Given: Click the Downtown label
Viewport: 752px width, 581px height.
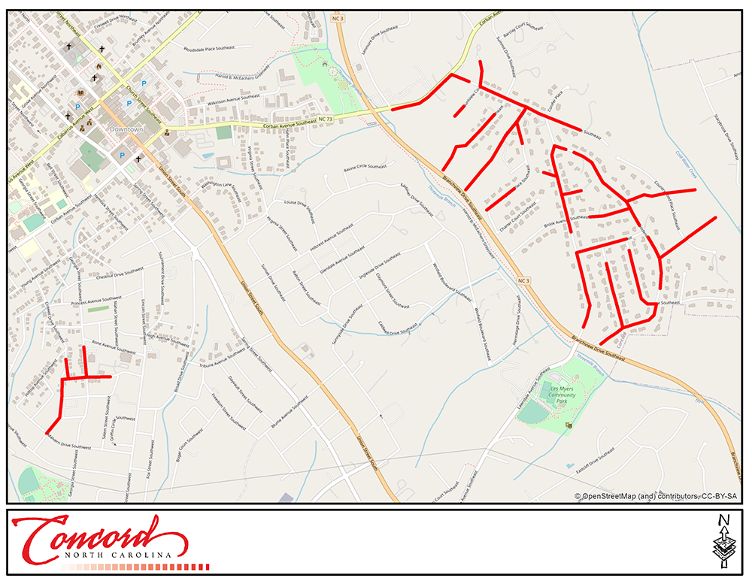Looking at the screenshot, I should click(x=126, y=129).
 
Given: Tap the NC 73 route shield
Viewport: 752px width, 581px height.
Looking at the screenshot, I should click(x=325, y=120).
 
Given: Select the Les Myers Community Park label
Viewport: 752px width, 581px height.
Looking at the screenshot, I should click(x=562, y=395).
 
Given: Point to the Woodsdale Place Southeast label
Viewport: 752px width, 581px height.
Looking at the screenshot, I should click(x=208, y=48).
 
